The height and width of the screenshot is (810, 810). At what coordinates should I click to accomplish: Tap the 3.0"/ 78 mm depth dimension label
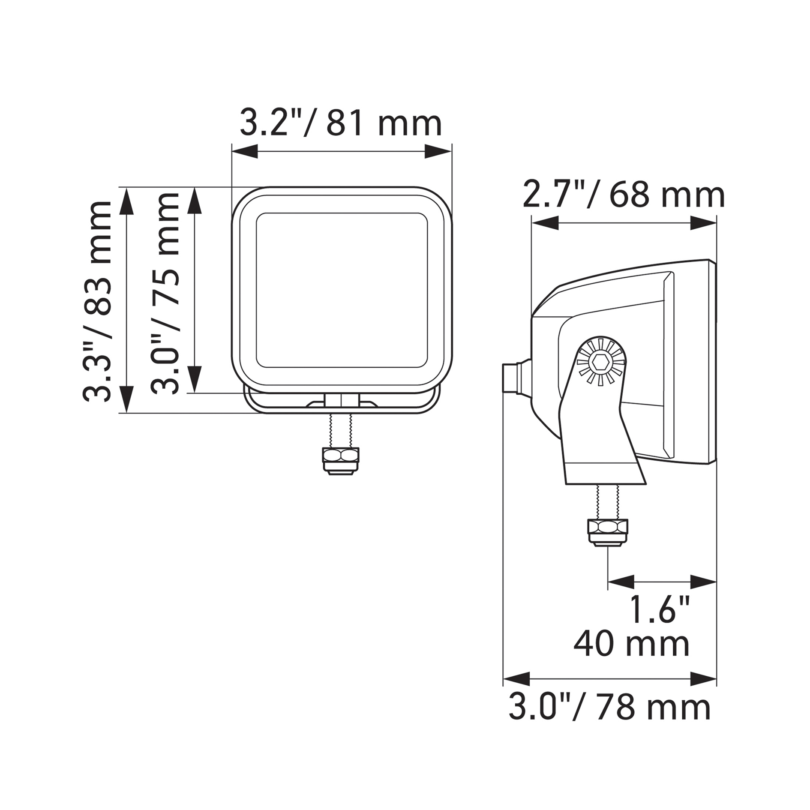[609, 708]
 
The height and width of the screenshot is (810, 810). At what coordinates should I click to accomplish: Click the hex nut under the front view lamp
[341, 461]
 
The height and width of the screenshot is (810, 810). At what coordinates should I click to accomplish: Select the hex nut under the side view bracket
[608, 532]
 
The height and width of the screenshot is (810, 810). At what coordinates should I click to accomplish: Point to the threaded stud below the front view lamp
[341, 431]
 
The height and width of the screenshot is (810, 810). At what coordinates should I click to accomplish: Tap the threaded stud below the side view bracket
[607, 502]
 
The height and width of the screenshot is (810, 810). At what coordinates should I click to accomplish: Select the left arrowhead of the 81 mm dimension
[245, 151]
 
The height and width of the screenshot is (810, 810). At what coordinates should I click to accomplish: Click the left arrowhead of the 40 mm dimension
[621, 582]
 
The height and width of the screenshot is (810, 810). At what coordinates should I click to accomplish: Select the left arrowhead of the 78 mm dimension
[516, 679]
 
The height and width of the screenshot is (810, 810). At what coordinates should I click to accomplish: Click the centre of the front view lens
[342, 290]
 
